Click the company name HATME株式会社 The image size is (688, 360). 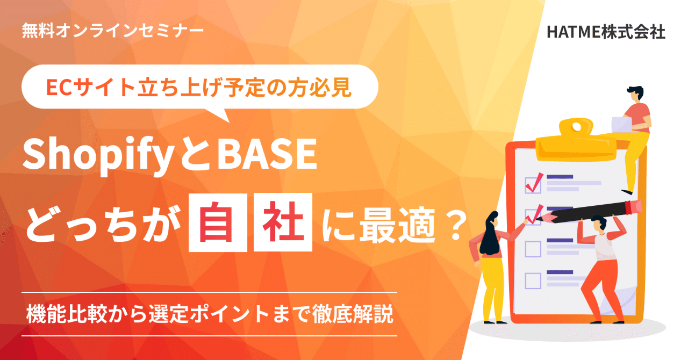[x=606, y=32]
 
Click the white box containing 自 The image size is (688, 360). [x=218, y=223]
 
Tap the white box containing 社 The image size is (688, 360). [x=283, y=223]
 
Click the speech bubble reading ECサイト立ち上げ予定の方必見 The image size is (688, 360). [x=199, y=87]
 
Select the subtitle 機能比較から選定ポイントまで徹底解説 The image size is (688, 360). [x=210, y=314]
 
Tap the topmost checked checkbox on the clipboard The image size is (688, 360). [x=533, y=184]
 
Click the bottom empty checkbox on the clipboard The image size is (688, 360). [x=533, y=280]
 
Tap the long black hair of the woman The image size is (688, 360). [x=491, y=236]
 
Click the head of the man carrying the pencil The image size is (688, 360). [x=598, y=225]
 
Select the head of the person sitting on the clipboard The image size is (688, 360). [x=634, y=92]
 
